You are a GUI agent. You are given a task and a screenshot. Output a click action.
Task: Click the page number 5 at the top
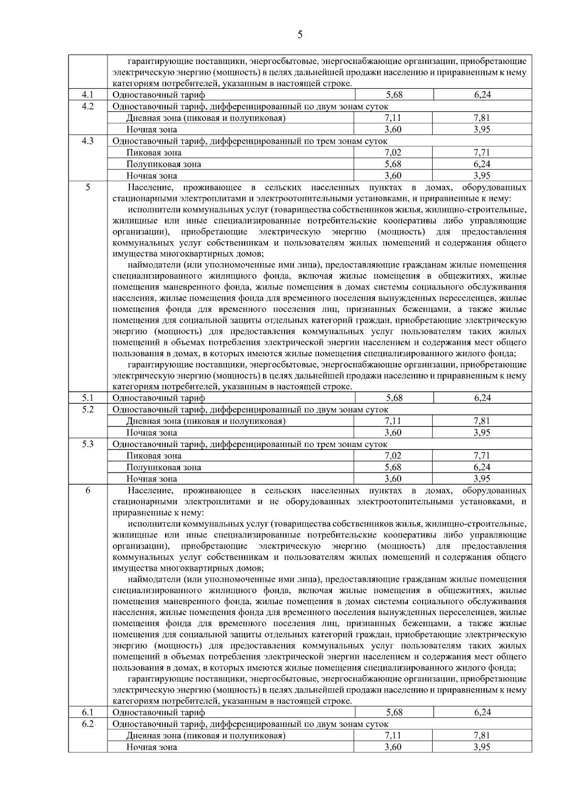click(300, 35)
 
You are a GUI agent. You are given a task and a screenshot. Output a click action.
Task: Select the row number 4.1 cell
click(87, 95)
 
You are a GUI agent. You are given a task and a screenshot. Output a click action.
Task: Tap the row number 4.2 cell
click(87, 107)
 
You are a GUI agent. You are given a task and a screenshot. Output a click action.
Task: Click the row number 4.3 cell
click(87, 141)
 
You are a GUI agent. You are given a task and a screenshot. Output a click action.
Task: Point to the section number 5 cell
click(87, 188)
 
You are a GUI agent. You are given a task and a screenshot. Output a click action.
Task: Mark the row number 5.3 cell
click(87, 444)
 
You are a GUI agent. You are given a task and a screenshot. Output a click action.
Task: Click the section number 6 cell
click(87, 491)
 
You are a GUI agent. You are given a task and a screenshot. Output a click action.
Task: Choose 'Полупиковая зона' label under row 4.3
click(164, 164)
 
